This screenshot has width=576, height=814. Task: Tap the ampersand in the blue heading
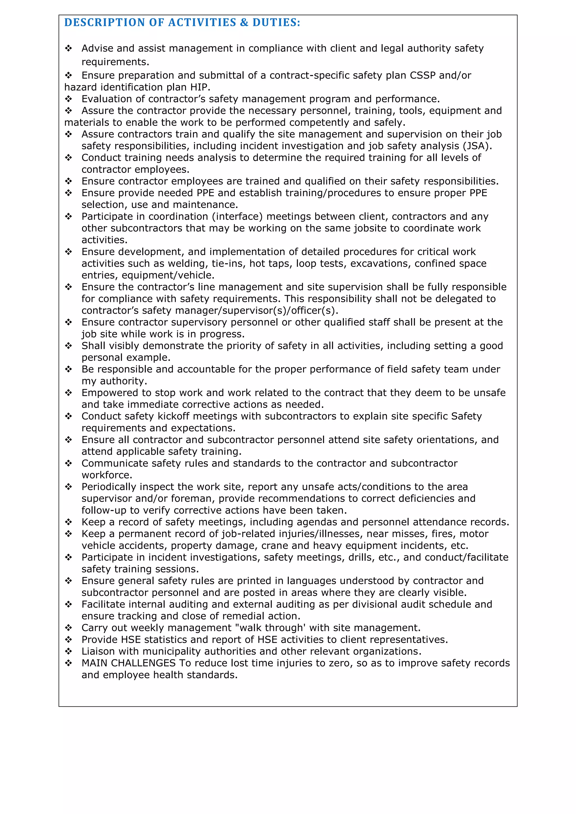point(244,23)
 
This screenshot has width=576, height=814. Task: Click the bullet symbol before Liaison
point(68,651)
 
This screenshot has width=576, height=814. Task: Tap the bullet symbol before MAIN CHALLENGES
point(68,663)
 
